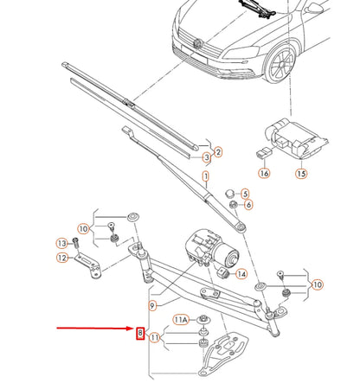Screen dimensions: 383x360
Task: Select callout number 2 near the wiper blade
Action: point(218,152)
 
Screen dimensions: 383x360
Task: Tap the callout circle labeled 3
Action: point(207,159)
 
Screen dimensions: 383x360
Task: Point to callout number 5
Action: point(245,193)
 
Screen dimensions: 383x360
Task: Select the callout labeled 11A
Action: point(182,319)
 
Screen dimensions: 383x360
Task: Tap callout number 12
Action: point(62,258)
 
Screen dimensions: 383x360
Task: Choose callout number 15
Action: point(301,174)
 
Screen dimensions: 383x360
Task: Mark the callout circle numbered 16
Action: point(264,174)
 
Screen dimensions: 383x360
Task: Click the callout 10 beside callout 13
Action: point(83,228)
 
